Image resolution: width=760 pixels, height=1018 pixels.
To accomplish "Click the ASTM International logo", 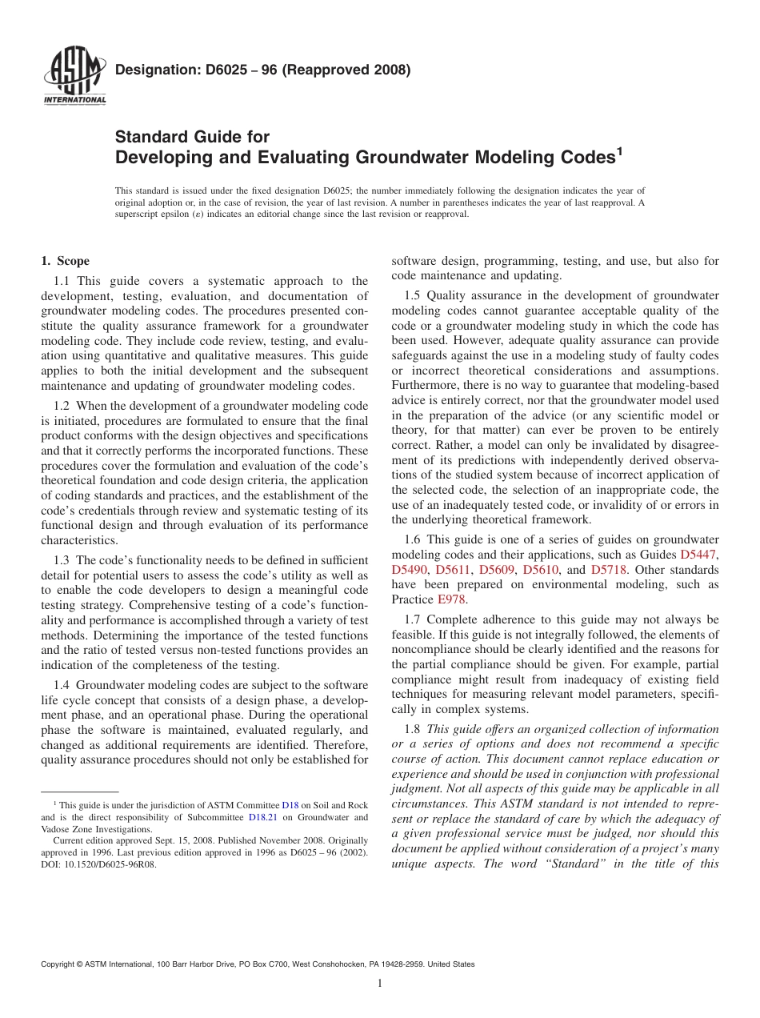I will pos(74,78).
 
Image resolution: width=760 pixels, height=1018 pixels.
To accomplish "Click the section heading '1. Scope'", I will pos(65,261).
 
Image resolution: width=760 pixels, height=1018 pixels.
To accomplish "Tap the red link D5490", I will pos(409,570).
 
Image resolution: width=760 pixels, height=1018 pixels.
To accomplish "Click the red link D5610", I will pos(540,570).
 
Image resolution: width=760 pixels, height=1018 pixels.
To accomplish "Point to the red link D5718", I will pos(609,570).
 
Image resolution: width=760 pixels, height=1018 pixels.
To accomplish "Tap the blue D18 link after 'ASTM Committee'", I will pos(290,804).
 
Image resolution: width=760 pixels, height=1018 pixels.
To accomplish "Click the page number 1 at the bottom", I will pos(380,984).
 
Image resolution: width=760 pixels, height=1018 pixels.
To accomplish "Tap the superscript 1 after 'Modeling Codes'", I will pos(619,150).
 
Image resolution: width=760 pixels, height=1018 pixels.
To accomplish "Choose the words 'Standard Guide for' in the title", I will pos(193,137).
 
